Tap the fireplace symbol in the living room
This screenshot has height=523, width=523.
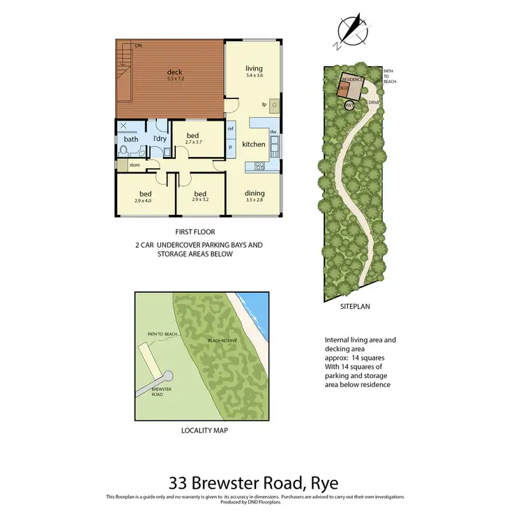point(274,105)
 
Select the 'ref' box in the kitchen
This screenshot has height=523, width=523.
point(230,129)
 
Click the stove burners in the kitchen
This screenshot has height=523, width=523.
point(259,166)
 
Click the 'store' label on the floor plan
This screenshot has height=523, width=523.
point(133,165)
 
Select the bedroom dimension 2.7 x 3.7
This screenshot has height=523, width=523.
point(192,142)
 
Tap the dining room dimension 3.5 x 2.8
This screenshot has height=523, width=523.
point(254,200)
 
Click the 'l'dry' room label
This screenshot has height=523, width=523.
point(160,139)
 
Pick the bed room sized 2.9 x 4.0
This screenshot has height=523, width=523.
point(145,197)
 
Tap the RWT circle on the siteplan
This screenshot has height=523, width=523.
point(349,105)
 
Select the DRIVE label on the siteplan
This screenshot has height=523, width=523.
point(373,101)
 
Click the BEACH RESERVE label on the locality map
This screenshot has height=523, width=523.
point(223,341)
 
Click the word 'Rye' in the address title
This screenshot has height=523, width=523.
point(326,482)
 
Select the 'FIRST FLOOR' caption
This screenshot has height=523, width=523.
point(195,232)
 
